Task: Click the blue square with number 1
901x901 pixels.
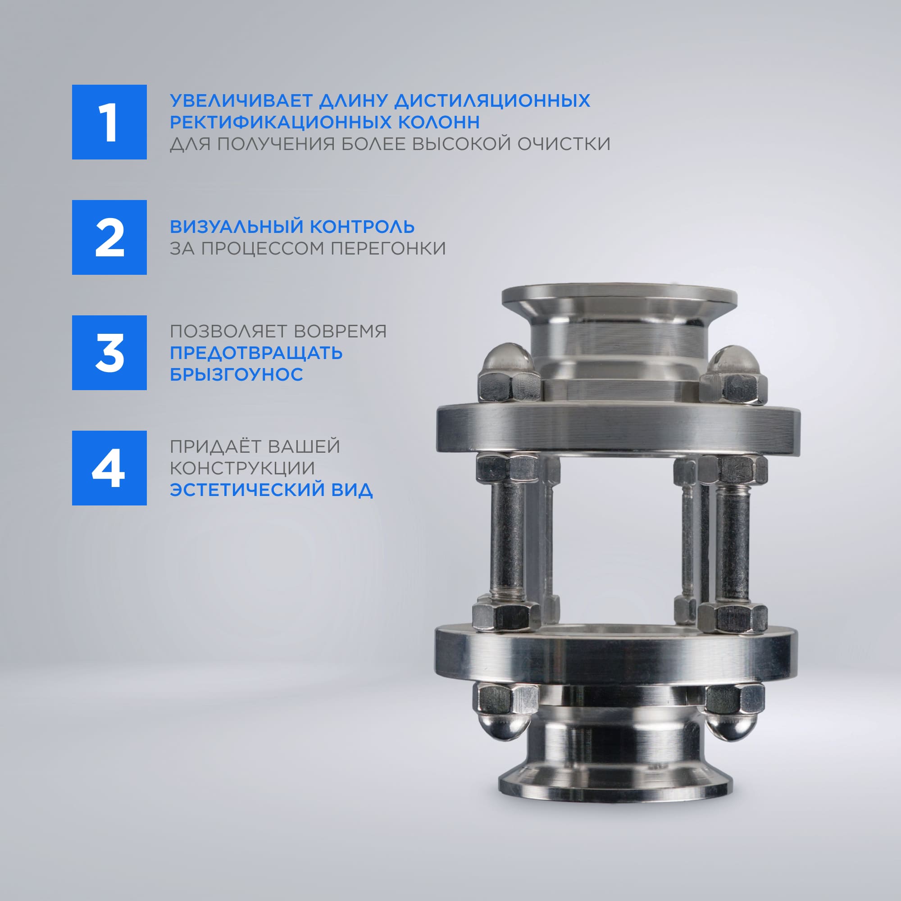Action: click(x=109, y=122)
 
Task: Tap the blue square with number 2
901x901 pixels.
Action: click(x=109, y=237)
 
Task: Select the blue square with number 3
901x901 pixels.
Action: click(x=109, y=353)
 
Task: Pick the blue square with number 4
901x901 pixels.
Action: click(x=109, y=468)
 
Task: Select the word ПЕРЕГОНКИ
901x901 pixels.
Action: click(x=388, y=248)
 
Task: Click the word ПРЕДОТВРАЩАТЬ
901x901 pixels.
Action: click(x=256, y=353)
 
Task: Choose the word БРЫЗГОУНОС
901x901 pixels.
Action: click(x=237, y=374)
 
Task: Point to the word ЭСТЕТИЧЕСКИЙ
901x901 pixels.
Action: click(x=246, y=490)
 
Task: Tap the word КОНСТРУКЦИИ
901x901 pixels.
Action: click(x=242, y=468)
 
